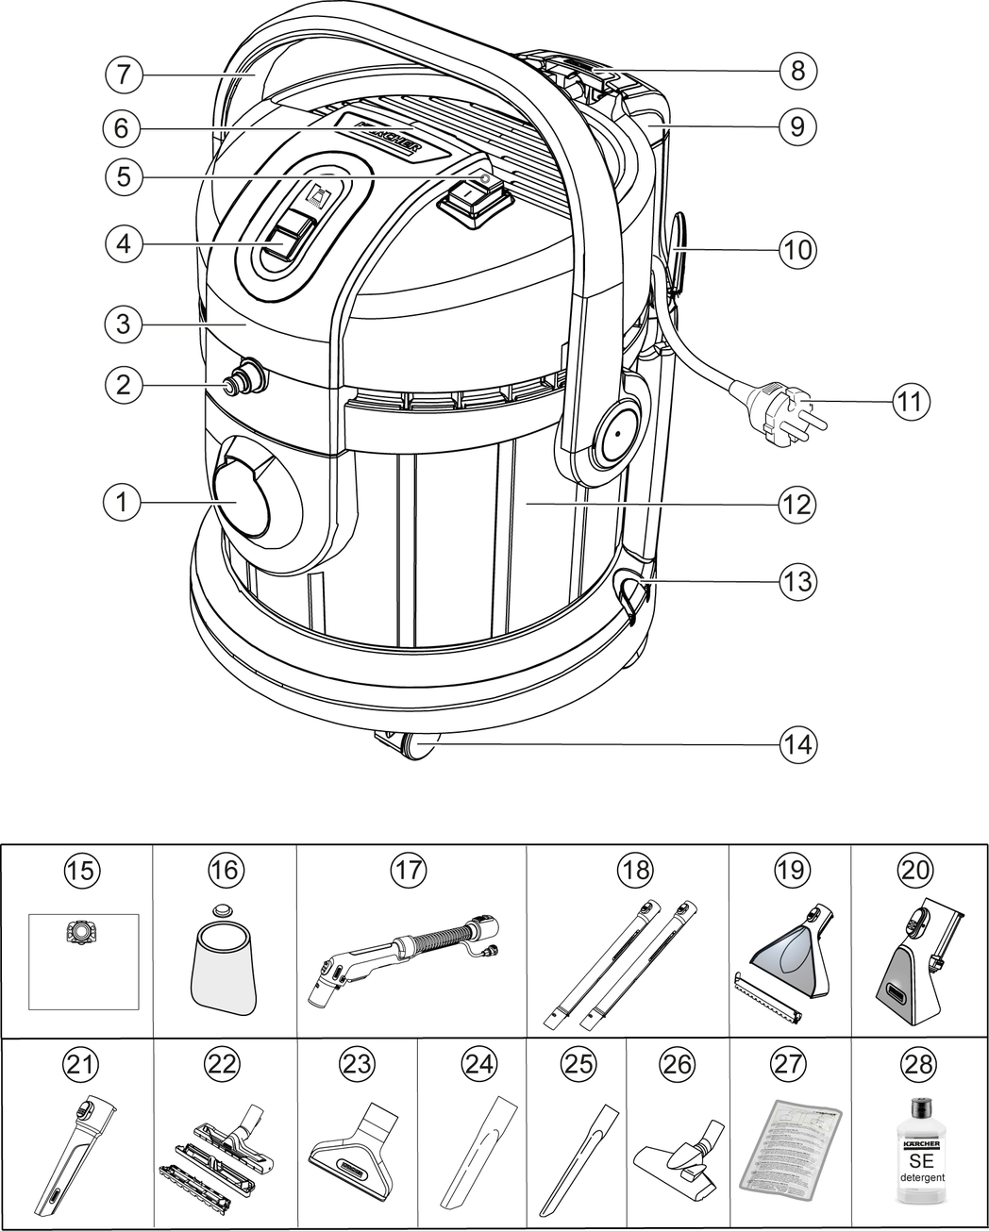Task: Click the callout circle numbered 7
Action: pos(123,75)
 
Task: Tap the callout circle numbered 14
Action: pos(797,744)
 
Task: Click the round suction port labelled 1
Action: pos(242,496)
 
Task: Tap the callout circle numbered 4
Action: pos(123,242)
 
